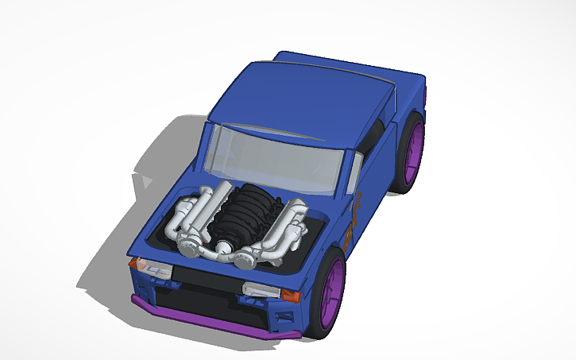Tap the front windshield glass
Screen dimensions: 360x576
[x=274, y=159]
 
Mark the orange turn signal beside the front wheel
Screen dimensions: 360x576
[x=290, y=296]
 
